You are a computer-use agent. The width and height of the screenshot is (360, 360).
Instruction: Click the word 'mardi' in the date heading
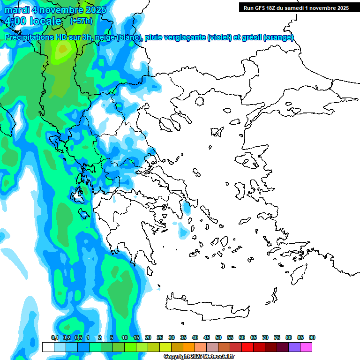(x=17, y=10)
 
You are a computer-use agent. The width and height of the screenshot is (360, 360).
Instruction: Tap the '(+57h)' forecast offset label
(x=81, y=21)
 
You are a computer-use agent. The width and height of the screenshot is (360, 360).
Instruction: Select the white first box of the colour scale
(x=48, y=347)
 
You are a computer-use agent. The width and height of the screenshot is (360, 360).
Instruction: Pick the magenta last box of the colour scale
(x=306, y=347)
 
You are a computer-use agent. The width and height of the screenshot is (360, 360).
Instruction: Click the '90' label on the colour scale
(x=312, y=338)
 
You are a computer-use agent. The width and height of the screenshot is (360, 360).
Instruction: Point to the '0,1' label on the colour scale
(x=54, y=338)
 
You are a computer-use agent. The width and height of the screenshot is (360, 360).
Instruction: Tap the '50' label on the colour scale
(x=218, y=338)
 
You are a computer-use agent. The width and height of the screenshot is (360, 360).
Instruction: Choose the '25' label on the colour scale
(x=160, y=338)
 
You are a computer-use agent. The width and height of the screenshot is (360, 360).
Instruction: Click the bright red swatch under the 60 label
(x=247, y=347)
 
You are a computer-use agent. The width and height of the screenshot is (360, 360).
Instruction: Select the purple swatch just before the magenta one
(x=294, y=347)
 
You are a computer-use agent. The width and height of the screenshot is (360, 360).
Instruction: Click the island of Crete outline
(x=206, y=307)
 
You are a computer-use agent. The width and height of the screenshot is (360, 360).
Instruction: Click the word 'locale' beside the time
(x=45, y=21)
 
